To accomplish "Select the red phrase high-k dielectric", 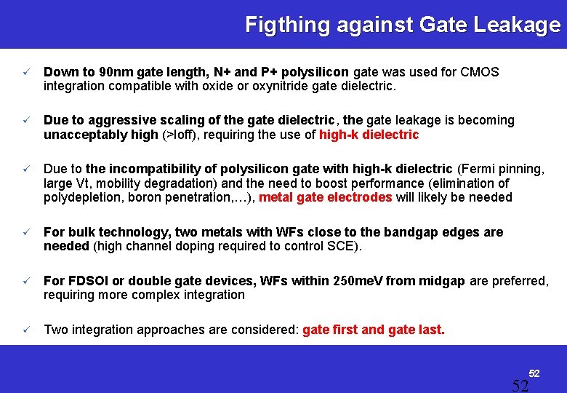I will (x=369, y=135).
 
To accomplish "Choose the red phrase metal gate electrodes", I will (x=325, y=197).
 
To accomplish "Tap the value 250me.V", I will (x=358, y=281).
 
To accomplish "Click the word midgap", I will (x=439, y=281).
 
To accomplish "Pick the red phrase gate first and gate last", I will (x=374, y=330).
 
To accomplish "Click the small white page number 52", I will (x=534, y=373).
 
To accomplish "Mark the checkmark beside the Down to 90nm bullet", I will (x=25, y=73).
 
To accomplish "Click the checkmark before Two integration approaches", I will (x=25, y=330).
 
